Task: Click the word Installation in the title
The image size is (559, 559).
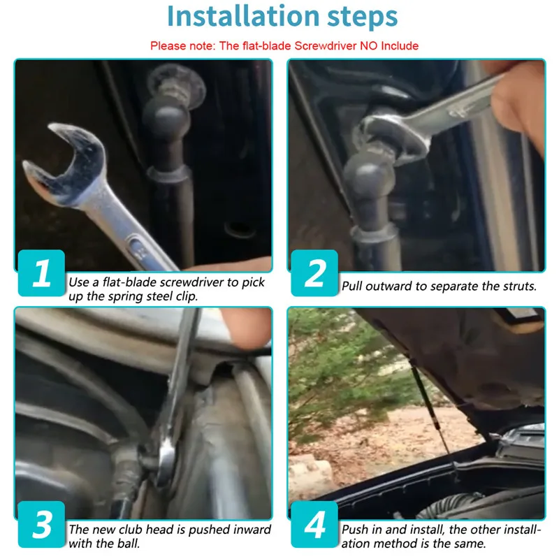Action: point(243,16)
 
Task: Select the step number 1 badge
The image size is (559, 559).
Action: point(41,273)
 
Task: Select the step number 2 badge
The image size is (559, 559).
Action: point(314,273)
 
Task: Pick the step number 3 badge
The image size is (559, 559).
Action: point(41,524)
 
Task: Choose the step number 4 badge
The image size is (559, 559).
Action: point(314,524)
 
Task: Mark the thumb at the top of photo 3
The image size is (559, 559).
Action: point(246,326)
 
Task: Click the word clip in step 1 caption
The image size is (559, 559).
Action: point(189,296)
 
